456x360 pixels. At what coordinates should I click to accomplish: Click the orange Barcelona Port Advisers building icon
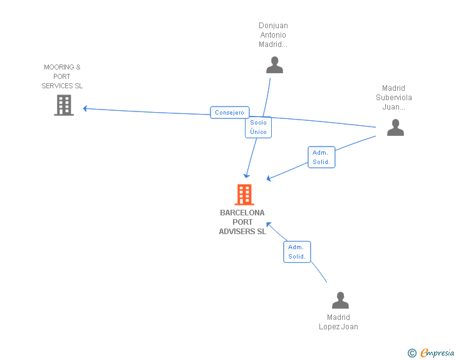244,195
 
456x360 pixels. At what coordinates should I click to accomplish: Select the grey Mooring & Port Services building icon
64,105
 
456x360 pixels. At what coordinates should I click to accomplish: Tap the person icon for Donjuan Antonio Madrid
274,64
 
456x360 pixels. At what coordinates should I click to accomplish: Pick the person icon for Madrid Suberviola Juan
395,127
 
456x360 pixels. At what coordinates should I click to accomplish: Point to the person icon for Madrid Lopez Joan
340,300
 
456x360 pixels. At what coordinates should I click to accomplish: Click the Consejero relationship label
230,113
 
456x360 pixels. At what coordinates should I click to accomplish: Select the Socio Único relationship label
258,127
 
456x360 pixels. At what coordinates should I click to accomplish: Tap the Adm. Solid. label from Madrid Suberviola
321,157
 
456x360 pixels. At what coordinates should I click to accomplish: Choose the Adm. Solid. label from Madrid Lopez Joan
297,252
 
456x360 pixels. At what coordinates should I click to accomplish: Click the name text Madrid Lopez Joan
338,322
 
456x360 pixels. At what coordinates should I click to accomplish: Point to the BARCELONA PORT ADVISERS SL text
242,222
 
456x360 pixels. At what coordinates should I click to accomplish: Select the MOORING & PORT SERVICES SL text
62,76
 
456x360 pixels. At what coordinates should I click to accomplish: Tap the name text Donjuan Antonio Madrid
274,35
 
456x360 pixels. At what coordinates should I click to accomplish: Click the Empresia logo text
437,353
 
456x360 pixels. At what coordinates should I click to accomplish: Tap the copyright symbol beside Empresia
412,353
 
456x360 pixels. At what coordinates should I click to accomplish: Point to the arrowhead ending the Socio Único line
247,176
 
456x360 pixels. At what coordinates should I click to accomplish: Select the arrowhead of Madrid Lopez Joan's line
268,224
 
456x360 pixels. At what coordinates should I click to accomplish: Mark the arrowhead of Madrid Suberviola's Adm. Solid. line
269,179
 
